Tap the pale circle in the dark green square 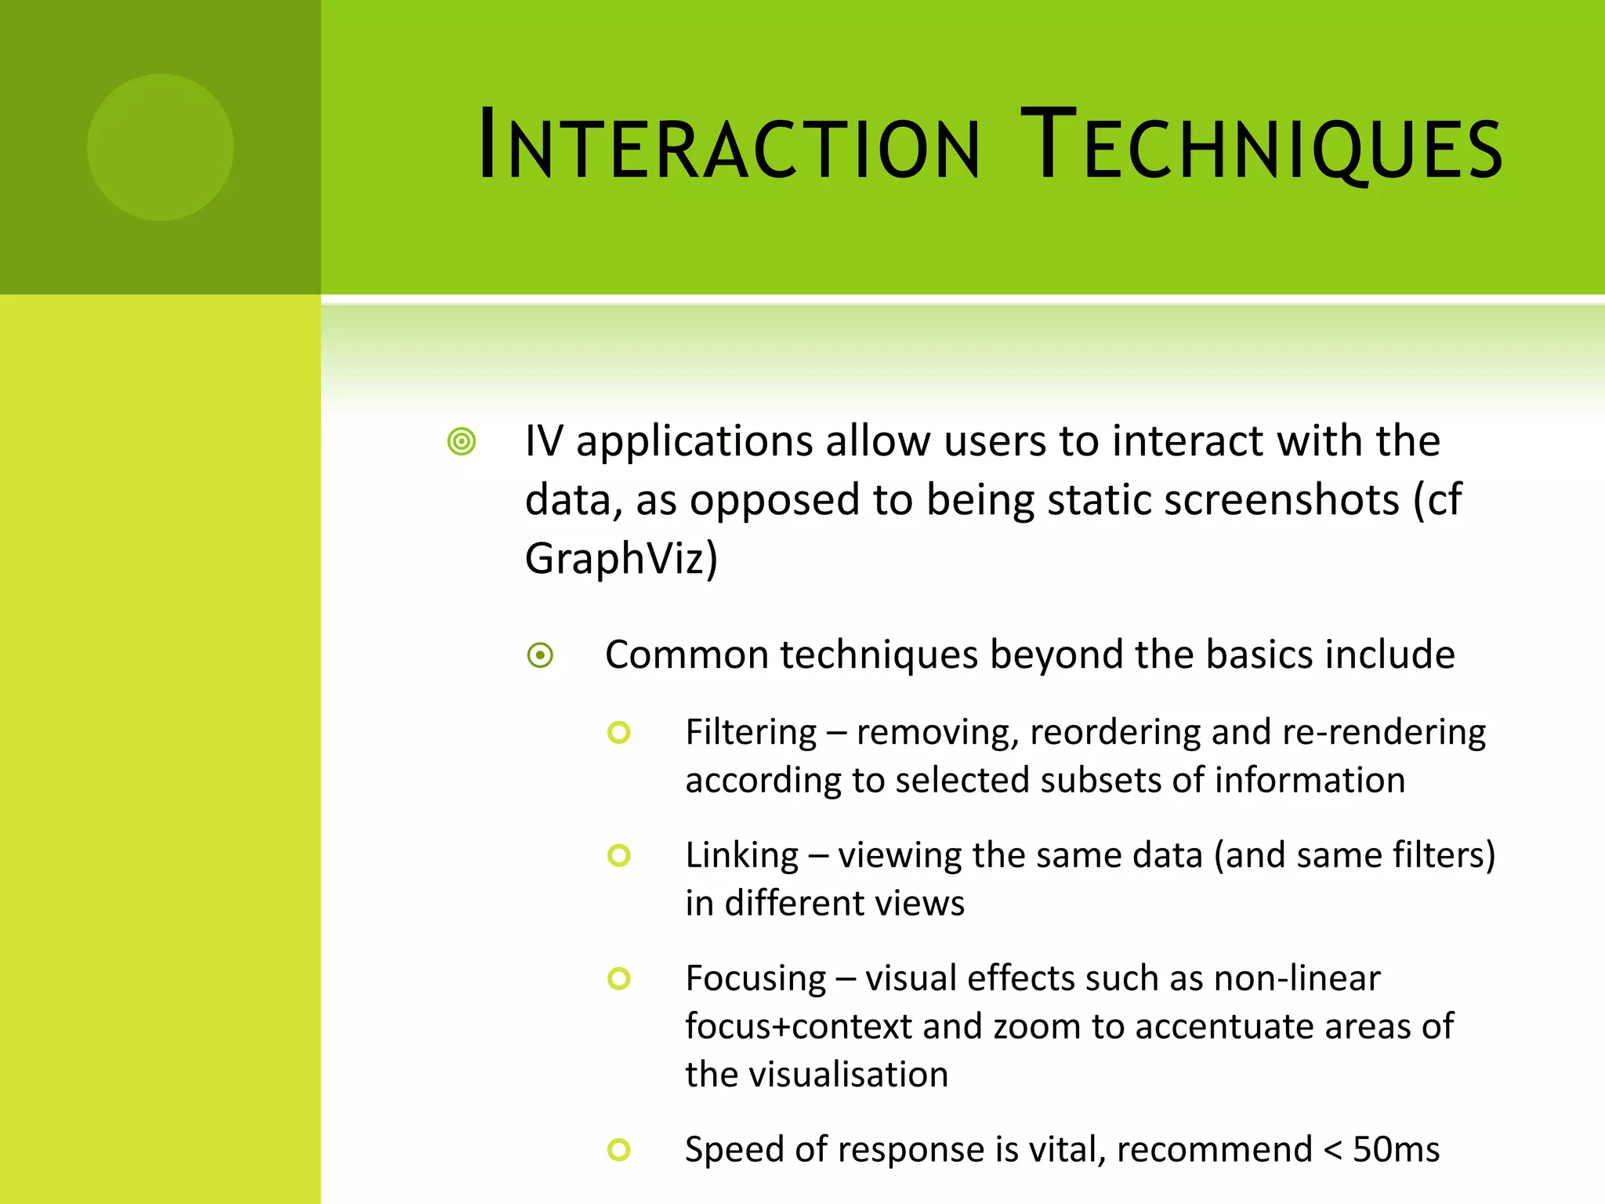160,147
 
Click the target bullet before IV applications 462,441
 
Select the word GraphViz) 621,559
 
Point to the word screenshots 1223,500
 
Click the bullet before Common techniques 541,655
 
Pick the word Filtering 751,733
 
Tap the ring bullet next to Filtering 619,733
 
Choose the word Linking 741,855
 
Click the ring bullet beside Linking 619,855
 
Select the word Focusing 755,979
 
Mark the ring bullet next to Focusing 619,978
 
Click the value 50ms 1396,1150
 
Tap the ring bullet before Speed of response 619,1150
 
